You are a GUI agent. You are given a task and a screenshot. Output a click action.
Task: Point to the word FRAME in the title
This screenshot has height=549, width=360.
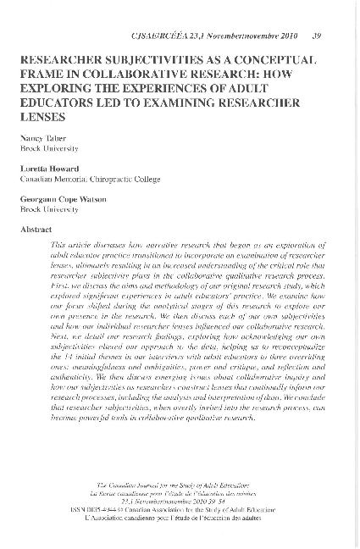[46, 75]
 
